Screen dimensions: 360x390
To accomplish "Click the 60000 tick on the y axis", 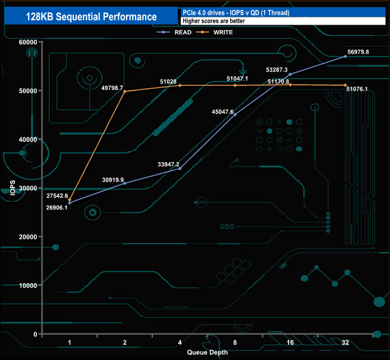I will (27, 42).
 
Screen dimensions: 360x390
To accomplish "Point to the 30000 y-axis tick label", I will (27, 188).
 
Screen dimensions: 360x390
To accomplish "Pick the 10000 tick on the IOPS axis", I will (27, 286).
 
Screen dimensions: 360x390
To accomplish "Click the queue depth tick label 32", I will (345, 342).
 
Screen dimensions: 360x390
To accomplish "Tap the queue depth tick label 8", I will (235, 342).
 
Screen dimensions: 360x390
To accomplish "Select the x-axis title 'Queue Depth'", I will (207, 352).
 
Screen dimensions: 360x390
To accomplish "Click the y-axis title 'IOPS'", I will (11, 188).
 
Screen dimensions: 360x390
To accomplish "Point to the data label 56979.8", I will (358, 52).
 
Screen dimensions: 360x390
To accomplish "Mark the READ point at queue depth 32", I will (345, 56).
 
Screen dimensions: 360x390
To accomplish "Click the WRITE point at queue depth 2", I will (125, 91).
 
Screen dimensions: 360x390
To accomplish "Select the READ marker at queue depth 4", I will (180, 169).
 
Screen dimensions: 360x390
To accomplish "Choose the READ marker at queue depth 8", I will (235, 115).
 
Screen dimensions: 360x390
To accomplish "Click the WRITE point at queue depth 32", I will (345, 85).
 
